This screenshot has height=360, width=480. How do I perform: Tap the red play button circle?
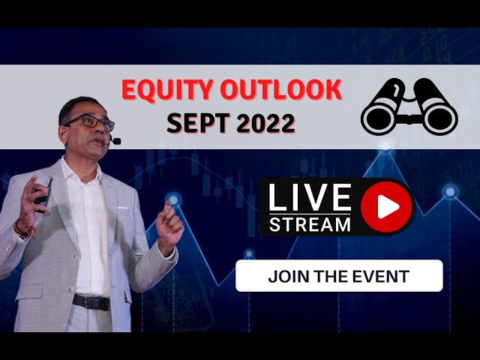coord(386,205)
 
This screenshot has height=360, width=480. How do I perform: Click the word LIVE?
coord(310,197)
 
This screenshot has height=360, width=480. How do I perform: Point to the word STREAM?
coord(310,223)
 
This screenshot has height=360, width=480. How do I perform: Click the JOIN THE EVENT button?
coord(339,276)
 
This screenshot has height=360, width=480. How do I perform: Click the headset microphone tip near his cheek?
coord(115,140)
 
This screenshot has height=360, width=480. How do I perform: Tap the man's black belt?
coord(90,301)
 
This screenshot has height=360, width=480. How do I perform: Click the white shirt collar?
coord(82,172)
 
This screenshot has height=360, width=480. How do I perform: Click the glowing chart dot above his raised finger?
coord(174,199)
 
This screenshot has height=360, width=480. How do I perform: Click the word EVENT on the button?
coord(382,276)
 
